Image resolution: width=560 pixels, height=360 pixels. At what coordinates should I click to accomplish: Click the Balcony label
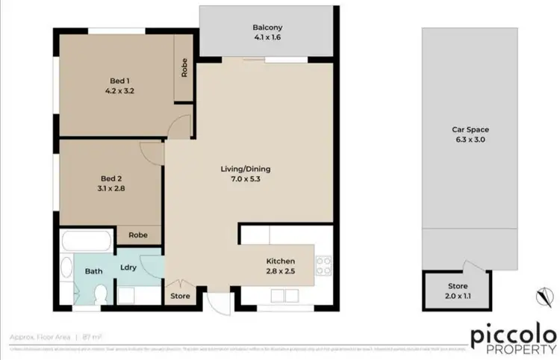pyautogui.click(x=266, y=28)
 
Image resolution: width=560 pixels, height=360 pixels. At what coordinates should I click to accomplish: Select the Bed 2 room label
pyautogui.click(x=111, y=179)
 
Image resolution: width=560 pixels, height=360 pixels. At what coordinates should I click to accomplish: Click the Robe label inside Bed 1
pyautogui.click(x=184, y=68)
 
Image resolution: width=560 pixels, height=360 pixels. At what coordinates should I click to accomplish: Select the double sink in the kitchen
pyautogui.click(x=279, y=297)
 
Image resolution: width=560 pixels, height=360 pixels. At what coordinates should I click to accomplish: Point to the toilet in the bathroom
pyautogui.click(x=102, y=294)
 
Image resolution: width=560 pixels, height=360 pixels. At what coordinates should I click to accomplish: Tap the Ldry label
pyautogui.click(x=128, y=267)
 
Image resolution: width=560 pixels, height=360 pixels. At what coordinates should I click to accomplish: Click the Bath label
pyautogui.click(x=93, y=271)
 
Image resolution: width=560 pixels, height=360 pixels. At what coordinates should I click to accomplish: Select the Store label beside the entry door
pyautogui.click(x=180, y=296)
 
